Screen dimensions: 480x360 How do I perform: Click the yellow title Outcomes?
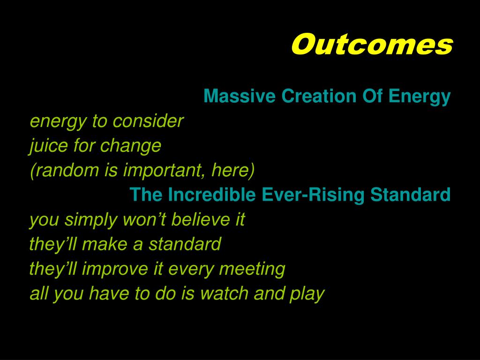pyautogui.click(x=372, y=45)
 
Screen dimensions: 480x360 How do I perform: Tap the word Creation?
pyautogui.click(x=319, y=96)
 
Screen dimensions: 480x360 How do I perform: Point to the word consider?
pyautogui.click(x=148, y=121)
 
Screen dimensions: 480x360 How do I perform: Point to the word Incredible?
pyautogui.click(x=211, y=195)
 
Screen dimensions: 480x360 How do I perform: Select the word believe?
pyautogui.click(x=201, y=219)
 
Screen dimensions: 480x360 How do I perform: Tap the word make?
pyautogui.click(x=105, y=244)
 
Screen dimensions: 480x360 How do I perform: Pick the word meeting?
pyautogui.click(x=252, y=269)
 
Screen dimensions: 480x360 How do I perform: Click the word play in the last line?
pyautogui.click(x=307, y=293)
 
